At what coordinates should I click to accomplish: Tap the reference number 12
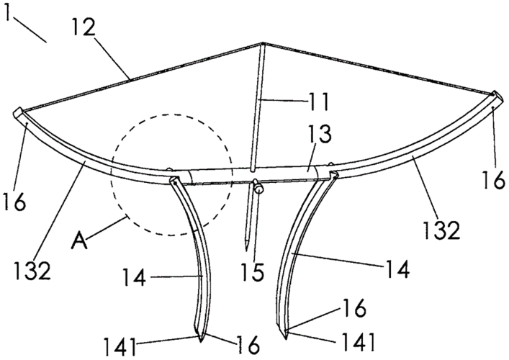click(x=83, y=28)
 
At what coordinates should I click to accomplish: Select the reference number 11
click(x=316, y=101)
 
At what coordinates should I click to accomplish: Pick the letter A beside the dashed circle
click(x=79, y=240)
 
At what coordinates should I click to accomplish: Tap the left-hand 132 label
click(x=32, y=270)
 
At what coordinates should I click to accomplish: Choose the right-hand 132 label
click(x=441, y=229)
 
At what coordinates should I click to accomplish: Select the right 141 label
click(x=359, y=341)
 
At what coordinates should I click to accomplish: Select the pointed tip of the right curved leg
click(x=286, y=339)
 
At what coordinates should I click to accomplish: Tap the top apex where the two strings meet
click(x=263, y=43)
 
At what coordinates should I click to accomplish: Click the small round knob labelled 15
click(x=258, y=188)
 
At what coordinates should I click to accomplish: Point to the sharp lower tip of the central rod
click(x=246, y=250)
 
